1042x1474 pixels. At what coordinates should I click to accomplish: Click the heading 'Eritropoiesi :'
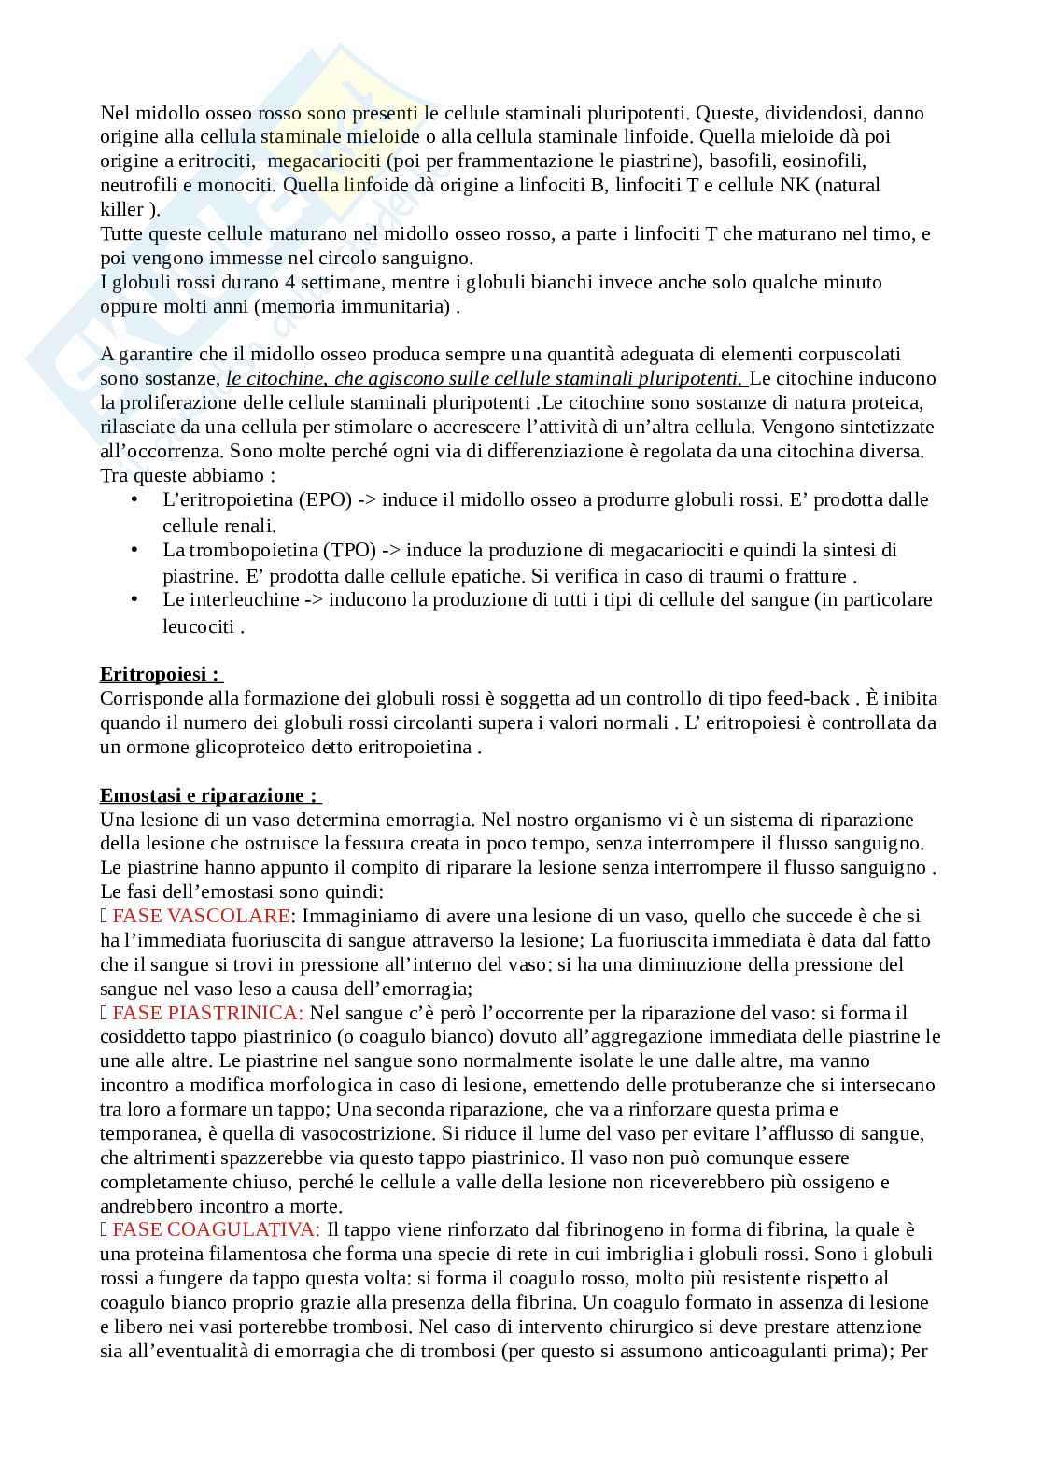click(x=160, y=674)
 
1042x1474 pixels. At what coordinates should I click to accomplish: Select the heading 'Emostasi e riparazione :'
click(x=209, y=795)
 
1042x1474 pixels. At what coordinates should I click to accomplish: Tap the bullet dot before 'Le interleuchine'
click(x=134, y=599)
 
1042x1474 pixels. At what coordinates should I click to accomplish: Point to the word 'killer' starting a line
click(x=122, y=210)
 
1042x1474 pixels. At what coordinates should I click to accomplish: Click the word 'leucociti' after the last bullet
click(x=198, y=627)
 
